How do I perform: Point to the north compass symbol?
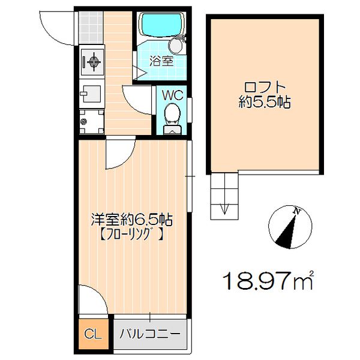(x=291, y=227)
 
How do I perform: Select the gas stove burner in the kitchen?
(x=94, y=61)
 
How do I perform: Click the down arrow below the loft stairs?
(x=224, y=208)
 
